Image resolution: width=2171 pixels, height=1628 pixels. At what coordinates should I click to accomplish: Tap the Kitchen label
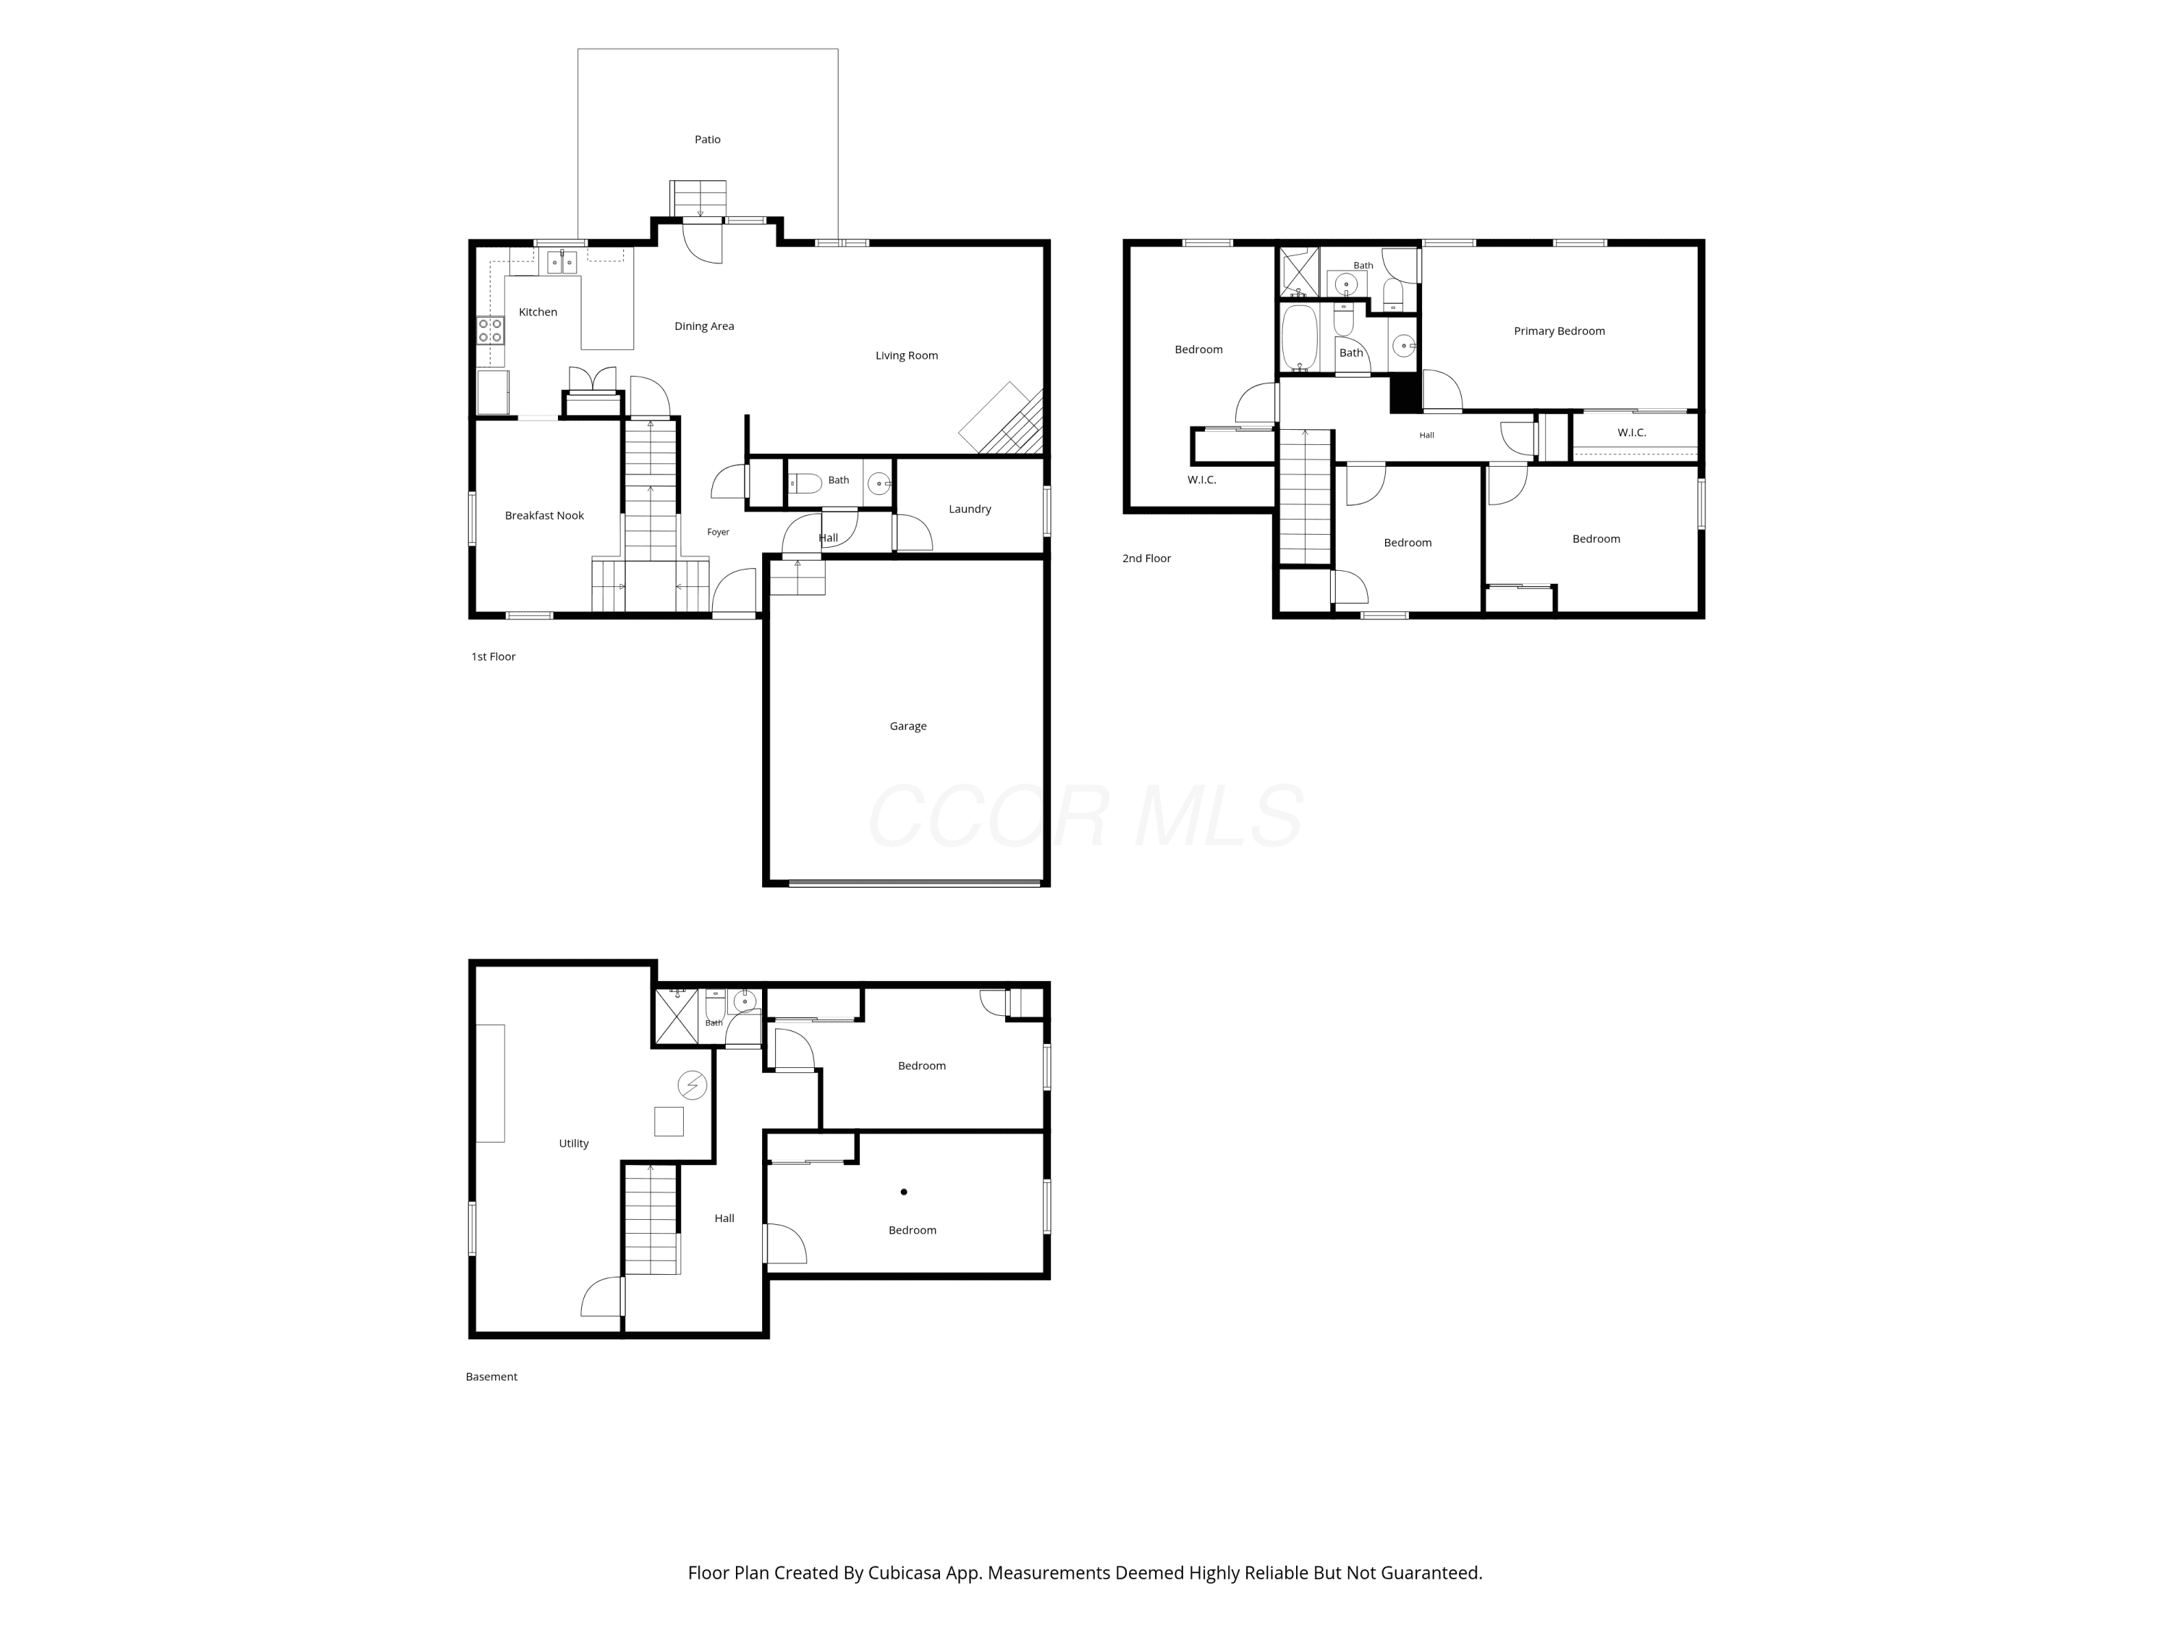click(x=538, y=312)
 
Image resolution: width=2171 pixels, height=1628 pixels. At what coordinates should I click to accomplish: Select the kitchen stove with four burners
click(x=491, y=330)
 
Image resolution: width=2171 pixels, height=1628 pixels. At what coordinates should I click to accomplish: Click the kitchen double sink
click(x=562, y=261)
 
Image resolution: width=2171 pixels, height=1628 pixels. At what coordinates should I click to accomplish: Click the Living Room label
click(x=906, y=356)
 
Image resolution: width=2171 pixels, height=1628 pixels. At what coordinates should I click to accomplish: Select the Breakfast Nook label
click(x=543, y=516)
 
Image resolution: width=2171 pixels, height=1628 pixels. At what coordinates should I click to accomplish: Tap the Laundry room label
click(x=970, y=509)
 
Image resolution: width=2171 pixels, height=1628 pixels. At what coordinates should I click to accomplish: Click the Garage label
click(x=908, y=726)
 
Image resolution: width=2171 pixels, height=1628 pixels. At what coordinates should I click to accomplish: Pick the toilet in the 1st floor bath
click(x=805, y=483)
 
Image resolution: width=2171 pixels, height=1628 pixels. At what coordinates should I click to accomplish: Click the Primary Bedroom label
click(x=1559, y=331)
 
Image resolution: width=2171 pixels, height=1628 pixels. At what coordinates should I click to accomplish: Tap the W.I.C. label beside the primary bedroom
click(x=1631, y=433)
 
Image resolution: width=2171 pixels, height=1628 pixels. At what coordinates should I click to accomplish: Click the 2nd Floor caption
click(x=1146, y=559)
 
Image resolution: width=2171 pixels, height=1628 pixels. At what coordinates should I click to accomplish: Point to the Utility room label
click(x=573, y=1143)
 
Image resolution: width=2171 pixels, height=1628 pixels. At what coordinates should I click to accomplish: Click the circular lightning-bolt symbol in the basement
click(x=692, y=1085)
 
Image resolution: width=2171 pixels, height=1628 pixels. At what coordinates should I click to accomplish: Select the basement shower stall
click(x=676, y=1017)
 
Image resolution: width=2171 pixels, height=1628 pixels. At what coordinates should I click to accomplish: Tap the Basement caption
click(x=491, y=1377)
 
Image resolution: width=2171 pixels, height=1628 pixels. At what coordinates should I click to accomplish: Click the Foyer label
click(x=717, y=533)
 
